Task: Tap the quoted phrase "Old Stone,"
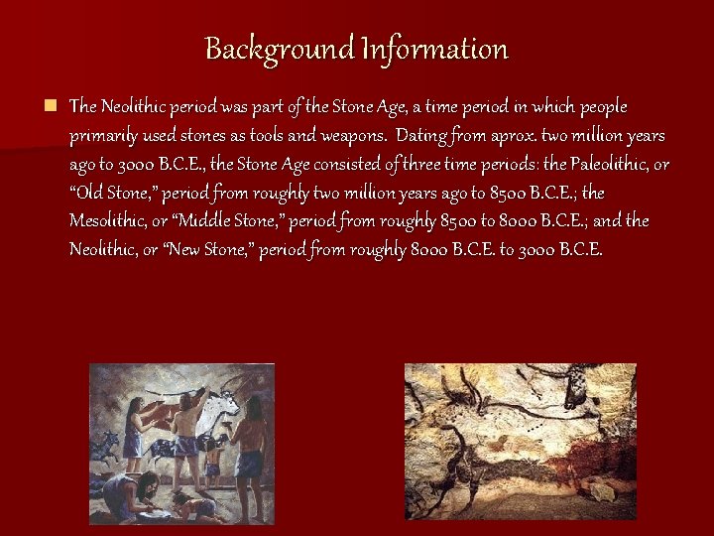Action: pyautogui.click(x=114, y=192)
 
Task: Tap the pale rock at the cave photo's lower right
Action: pyautogui.click(x=602, y=488)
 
